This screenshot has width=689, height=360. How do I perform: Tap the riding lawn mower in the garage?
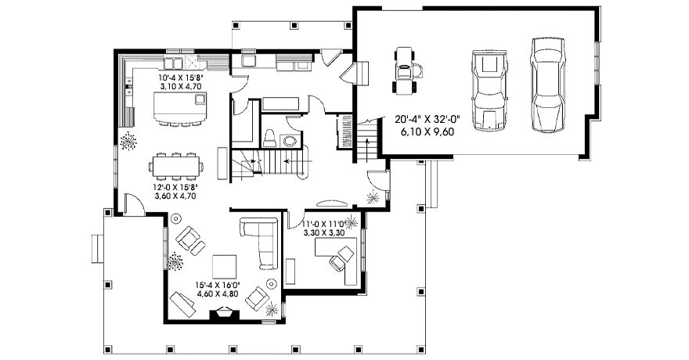click(x=407, y=70)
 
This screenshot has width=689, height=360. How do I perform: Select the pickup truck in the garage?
click(x=489, y=90)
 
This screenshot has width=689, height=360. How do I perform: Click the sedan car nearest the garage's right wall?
click(x=547, y=85)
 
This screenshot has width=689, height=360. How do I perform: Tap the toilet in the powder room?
click(x=269, y=138)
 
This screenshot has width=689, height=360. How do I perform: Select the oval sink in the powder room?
click(x=290, y=142)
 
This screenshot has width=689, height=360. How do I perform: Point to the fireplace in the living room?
click(x=225, y=316)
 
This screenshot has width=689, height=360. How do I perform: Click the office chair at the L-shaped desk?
click(x=341, y=258)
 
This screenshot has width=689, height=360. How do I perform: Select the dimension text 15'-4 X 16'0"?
click(x=218, y=286)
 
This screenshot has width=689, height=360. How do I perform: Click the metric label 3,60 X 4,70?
click(x=175, y=196)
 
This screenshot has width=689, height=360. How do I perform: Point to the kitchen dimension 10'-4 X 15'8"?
click(x=181, y=78)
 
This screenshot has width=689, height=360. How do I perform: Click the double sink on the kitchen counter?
click(x=174, y=63)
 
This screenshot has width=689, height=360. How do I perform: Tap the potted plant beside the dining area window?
click(x=128, y=142)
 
